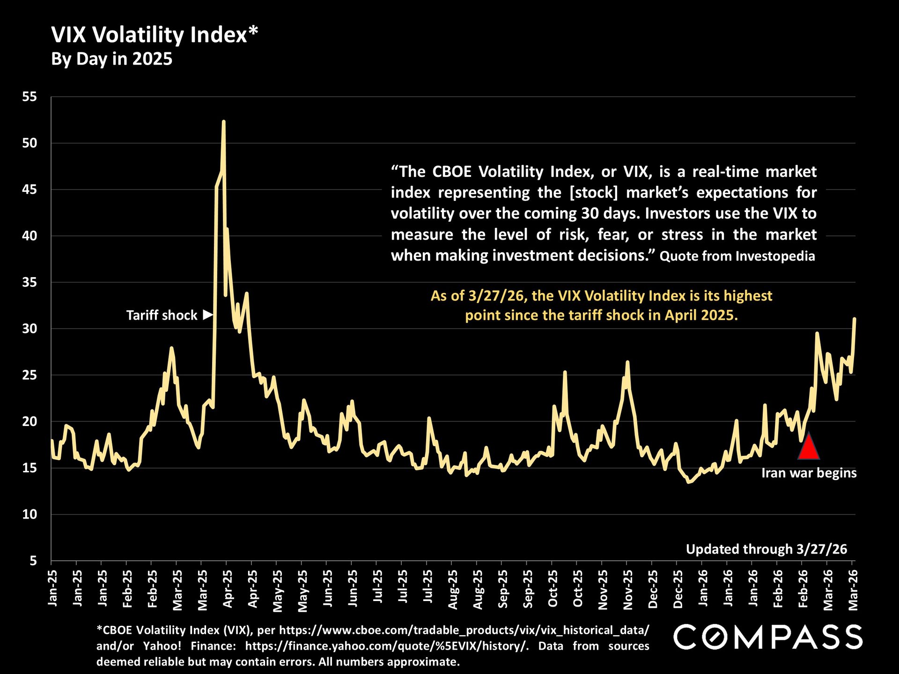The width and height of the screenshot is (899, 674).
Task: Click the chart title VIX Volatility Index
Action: pyautogui.click(x=154, y=35)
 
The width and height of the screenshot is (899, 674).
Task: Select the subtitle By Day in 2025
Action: pyautogui.click(x=111, y=59)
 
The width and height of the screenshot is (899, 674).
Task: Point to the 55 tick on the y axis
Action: pyautogui.click(x=29, y=97)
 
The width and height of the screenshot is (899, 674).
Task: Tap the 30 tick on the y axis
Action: pyautogui.click(x=29, y=329)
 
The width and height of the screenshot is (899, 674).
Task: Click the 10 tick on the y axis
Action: pyautogui.click(x=29, y=514)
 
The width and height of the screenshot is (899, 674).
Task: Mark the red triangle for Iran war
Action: pyautogui.click(x=809, y=447)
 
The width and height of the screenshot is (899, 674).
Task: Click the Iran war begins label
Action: pyautogui.click(x=809, y=473)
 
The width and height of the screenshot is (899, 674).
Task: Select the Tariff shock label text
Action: pyautogui.click(x=162, y=315)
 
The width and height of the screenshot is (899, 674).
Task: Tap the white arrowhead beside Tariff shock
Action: pyautogui.click(x=208, y=315)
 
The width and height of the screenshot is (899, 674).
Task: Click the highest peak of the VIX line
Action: pyautogui.click(x=224, y=122)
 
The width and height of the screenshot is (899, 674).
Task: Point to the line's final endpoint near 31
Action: pyautogui.click(x=855, y=319)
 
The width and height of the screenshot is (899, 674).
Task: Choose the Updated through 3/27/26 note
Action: pyautogui.click(x=766, y=549)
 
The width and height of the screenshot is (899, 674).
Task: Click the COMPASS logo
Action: pyautogui.click(x=767, y=637)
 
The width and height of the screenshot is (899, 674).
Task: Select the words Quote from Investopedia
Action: pyautogui.click(x=737, y=256)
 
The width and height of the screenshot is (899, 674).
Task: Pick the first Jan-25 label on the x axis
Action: pyautogui.click(x=52, y=588)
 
